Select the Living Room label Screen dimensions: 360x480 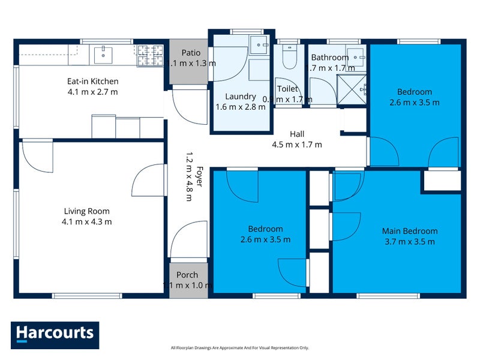click(x=87, y=211)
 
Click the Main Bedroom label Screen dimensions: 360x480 click(x=410, y=231)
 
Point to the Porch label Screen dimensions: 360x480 click(x=187, y=275)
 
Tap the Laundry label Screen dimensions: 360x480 click(x=240, y=97)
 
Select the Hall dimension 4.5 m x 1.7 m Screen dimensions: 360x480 click(x=298, y=145)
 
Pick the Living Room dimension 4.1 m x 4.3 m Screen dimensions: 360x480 click(x=87, y=222)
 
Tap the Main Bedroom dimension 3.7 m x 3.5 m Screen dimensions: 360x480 click(x=410, y=242)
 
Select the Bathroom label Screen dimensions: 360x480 click(x=329, y=58)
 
